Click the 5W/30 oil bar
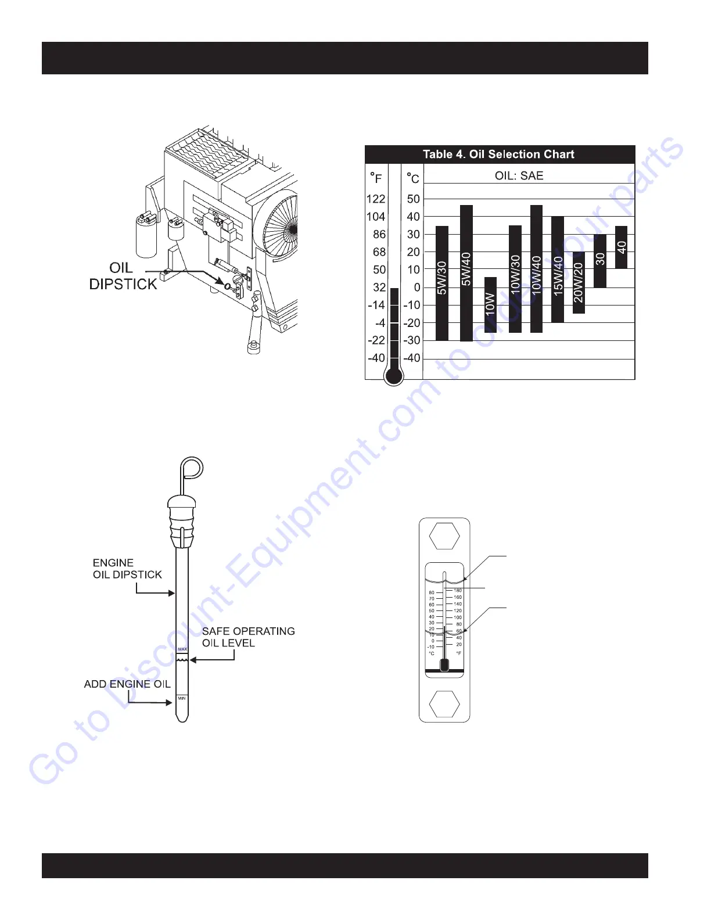(442, 283)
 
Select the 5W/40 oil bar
(466, 273)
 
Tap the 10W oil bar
(490, 305)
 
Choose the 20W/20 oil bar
(579, 283)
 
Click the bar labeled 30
(600, 260)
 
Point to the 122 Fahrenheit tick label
(376, 199)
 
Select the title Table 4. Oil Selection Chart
(498, 154)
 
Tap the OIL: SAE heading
(519, 175)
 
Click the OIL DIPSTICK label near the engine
(123, 276)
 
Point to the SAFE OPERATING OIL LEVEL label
(248, 637)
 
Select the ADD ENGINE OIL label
(127, 684)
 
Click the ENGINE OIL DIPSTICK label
(127, 569)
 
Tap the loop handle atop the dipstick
(192, 466)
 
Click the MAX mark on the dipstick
(182, 649)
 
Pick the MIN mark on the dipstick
(182, 698)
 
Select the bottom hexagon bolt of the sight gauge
(444, 703)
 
